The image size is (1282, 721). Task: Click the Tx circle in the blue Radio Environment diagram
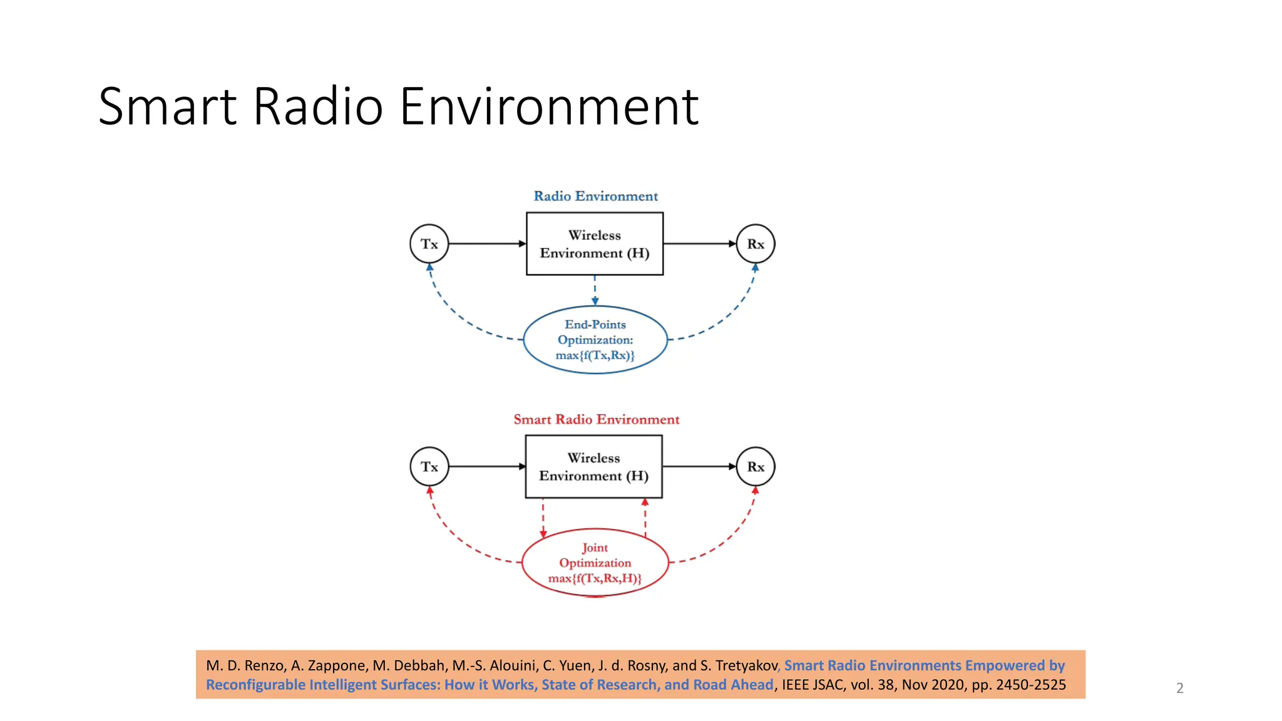coord(429,244)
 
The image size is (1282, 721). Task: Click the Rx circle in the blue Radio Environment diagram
coord(756,244)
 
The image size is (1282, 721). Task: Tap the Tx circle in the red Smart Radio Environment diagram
coord(429,467)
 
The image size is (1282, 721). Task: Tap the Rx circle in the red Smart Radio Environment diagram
coord(756,467)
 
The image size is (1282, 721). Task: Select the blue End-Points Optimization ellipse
coord(595,340)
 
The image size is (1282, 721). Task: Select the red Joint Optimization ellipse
coord(595,563)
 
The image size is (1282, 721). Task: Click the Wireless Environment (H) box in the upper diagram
coord(595,244)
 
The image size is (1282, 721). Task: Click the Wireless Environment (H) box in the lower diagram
coord(593,467)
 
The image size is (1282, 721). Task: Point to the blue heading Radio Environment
coord(595,196)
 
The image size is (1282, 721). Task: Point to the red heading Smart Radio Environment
coord(596,419)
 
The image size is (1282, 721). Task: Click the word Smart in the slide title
coord(167,106)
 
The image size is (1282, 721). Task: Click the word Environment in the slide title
coord(548,106)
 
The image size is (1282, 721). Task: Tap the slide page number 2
coord(1180,688)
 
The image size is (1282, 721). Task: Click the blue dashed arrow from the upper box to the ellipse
coord(595,290)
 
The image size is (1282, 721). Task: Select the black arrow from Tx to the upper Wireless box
coord(487,243)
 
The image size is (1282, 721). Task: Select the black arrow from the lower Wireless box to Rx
coord(699,466)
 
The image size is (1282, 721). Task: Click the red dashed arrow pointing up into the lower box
coord(645,517)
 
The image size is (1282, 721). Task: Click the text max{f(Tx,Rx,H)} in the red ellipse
coord(595,578)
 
